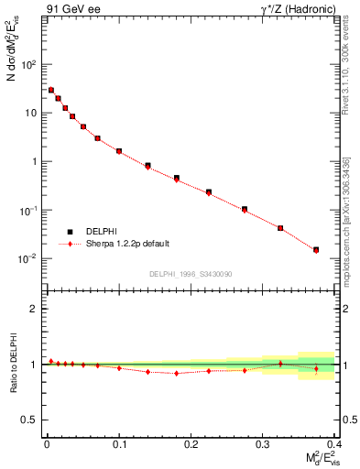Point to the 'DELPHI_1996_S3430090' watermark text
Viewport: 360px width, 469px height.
click(190, 275)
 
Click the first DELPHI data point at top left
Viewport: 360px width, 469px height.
click(51, 90)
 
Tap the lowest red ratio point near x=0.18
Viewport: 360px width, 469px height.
click(177, 373)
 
